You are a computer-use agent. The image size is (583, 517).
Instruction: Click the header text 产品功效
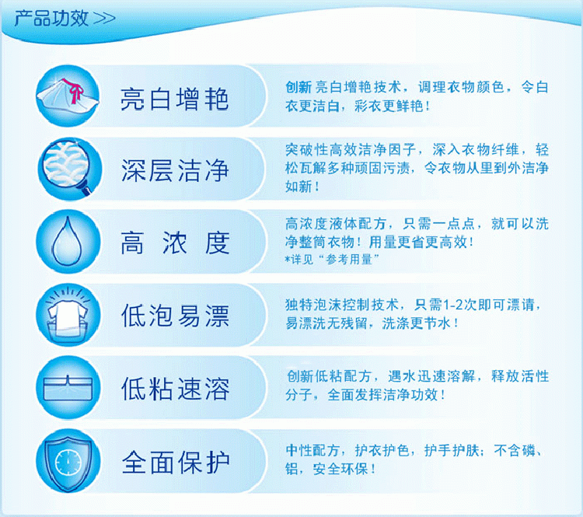[x=51, y=18]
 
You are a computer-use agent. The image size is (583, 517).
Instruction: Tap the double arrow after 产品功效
[x=104, y=19]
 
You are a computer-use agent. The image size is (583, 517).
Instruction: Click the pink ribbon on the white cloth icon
[x=74, y=90]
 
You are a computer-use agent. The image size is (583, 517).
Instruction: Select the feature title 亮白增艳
[x=174, y=100]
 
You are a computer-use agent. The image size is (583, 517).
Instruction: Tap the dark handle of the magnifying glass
[x=86, y=190]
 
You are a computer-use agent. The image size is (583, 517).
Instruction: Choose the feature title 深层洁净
[x=175, y=171]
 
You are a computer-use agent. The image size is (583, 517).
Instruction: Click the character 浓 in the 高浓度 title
[x=175, y=243]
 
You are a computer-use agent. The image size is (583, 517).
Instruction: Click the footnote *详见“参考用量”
[x=331, y=259]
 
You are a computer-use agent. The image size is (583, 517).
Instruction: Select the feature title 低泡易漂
[x=175, y=316]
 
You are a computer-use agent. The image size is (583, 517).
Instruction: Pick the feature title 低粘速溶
[x=175, y=389]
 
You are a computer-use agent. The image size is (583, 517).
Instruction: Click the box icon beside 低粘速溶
[x=68, y=389]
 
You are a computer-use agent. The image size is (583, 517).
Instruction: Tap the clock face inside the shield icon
[x=68, y=463]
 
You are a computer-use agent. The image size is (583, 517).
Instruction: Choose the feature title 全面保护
[x=175, y=463]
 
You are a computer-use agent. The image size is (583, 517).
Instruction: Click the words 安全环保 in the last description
[x=340, y=469]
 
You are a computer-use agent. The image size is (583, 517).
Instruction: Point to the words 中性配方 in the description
[x=312, y=450]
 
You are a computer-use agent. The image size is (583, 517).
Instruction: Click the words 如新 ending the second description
[x=298, y=187]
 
